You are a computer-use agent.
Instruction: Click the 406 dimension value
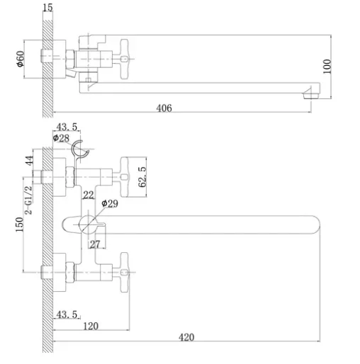[164, 108]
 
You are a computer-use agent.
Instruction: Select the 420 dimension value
[186, 337]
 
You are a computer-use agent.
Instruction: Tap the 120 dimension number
[91, 326]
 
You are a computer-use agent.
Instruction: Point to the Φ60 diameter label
[21, 59]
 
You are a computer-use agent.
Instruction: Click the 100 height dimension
[327, 67]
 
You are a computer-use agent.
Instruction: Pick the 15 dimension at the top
[47, 8]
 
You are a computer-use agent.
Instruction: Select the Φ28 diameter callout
[61, 138]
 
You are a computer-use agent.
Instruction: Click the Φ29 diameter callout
[110, 203]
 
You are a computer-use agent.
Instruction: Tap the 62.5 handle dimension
[142, 177]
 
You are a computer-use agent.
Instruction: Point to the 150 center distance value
[20, 224]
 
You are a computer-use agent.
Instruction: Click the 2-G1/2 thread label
[28, 200]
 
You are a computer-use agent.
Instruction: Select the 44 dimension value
[30, 161]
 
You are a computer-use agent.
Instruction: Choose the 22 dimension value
[89, 195]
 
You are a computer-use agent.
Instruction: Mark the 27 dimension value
[95, 244]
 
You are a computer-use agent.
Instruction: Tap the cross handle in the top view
[124, 59]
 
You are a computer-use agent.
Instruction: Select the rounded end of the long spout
[315, 224]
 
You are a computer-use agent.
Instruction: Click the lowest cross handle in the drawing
[125, 273]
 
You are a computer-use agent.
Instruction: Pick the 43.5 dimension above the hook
[67, 127]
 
